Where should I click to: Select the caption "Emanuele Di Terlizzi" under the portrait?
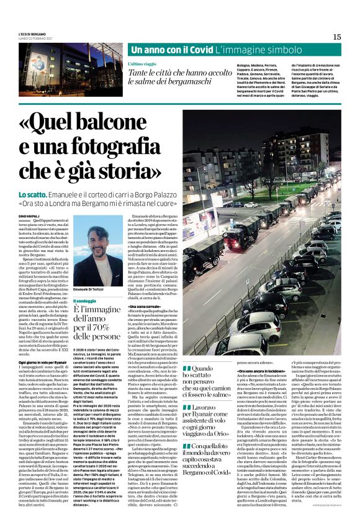pos(93,273)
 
